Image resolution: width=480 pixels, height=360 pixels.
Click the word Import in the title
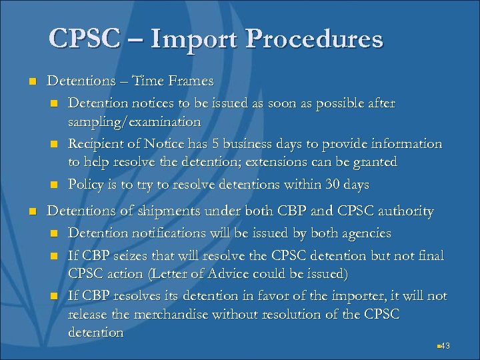tap(193, 39)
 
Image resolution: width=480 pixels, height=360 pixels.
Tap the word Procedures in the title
tap(315, 39)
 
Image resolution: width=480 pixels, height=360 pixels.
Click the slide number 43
tap(445, 345)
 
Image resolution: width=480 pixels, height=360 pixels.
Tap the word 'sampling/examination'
tap(134, 121)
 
